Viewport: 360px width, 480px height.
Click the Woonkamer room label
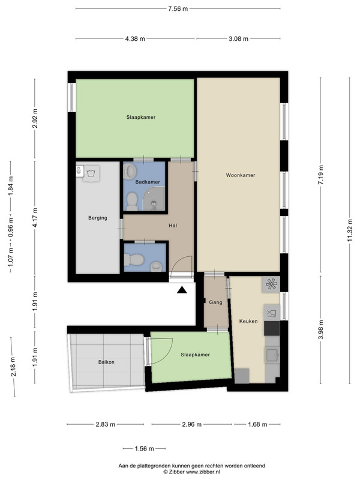241,175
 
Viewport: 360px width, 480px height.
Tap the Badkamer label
148,182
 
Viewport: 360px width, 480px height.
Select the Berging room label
98,218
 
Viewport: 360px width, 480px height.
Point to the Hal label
173,226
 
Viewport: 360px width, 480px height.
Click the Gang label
215,302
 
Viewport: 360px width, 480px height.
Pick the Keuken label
248,321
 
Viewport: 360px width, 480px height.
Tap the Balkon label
106,362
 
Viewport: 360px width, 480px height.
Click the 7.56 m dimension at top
178,8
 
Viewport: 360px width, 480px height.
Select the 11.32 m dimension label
350,230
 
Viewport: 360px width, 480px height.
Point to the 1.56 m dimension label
144,449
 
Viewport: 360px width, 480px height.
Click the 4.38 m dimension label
135,38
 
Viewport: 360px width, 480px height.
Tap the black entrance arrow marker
182,290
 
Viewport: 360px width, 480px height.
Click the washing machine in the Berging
91,173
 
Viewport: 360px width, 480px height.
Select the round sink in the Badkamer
130,171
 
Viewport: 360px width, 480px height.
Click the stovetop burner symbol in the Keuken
271,284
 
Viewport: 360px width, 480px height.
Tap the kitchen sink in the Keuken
272,355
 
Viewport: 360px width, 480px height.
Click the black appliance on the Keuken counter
272,328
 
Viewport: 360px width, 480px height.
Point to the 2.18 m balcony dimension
13,367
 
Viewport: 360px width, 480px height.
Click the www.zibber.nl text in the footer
203,472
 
